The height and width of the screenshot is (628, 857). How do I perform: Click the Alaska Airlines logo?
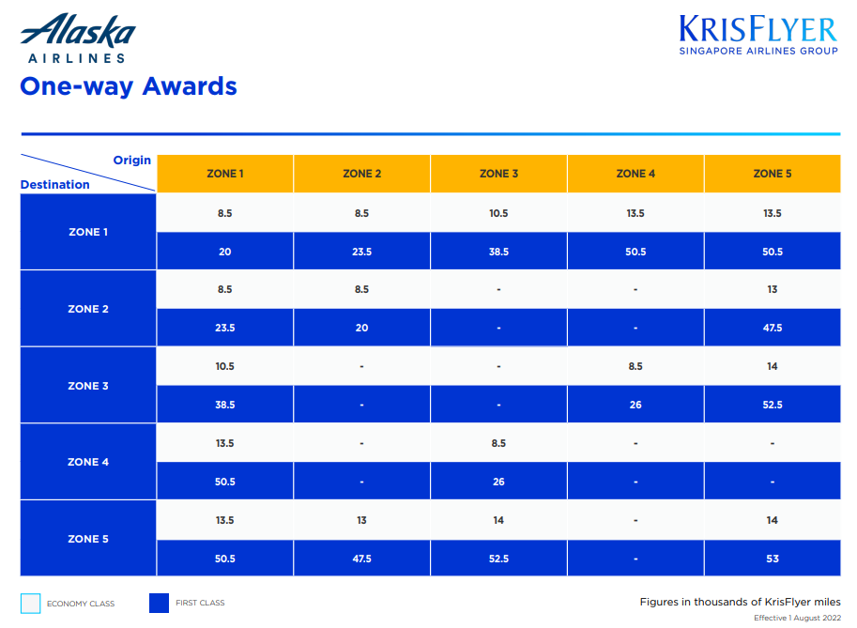point(78,38)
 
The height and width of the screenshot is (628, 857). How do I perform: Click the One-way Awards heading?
point(129,86)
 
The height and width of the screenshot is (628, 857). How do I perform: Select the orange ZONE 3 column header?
point(498,174)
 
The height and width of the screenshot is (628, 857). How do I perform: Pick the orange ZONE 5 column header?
point(772,174)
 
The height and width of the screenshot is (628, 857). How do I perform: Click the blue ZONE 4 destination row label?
point(88,462)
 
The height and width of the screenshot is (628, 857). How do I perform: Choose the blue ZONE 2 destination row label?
point(88,309)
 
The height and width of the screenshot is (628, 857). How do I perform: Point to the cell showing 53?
point(772,559)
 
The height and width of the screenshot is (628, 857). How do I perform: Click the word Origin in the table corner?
point(132,161)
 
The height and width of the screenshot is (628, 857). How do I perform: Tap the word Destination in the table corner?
point(55,185)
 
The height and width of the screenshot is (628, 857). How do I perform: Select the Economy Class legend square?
point(31,603)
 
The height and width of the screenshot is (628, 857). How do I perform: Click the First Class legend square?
point(159,603)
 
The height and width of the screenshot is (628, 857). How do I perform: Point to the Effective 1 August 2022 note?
point(797,618)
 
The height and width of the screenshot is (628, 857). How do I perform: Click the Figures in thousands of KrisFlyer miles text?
point(740,602)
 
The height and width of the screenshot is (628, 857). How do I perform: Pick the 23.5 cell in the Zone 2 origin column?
point(361,252)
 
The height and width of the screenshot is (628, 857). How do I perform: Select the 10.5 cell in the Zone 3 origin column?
point(498,213)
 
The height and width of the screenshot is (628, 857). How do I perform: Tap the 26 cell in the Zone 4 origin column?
point(635,405)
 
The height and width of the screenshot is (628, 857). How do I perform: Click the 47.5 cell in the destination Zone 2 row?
point(772,329)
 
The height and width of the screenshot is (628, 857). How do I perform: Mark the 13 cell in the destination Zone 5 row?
point(361,520)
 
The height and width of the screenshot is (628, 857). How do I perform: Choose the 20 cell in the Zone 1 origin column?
point(224,252)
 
